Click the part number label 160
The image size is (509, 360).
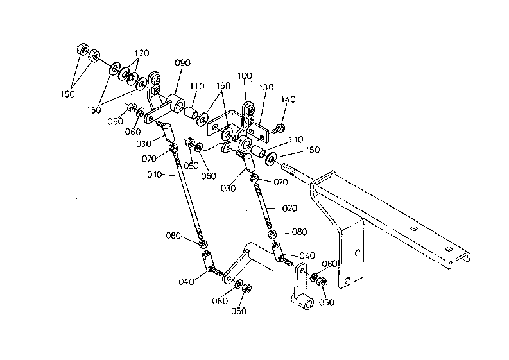67,94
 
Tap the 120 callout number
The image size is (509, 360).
142,53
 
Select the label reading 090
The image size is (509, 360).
182,63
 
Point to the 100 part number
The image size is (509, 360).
245,76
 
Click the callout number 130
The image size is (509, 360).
266,87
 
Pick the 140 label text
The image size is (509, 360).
288,99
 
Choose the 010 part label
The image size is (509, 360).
154,175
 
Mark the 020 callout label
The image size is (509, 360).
289,208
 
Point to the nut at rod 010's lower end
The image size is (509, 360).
203,243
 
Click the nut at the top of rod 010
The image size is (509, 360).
173,148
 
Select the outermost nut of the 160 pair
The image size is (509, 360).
82,49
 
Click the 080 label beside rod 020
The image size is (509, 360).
299,232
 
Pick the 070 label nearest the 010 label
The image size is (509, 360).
149,159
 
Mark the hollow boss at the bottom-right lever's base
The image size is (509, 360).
307,304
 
